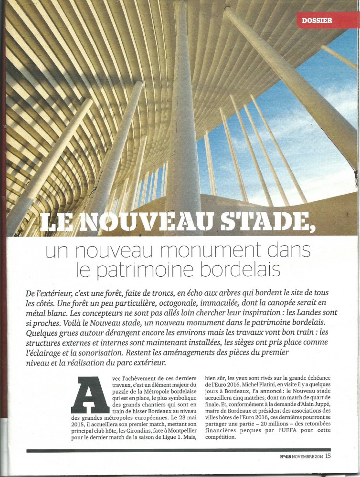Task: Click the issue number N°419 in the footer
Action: pos(286,457)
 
